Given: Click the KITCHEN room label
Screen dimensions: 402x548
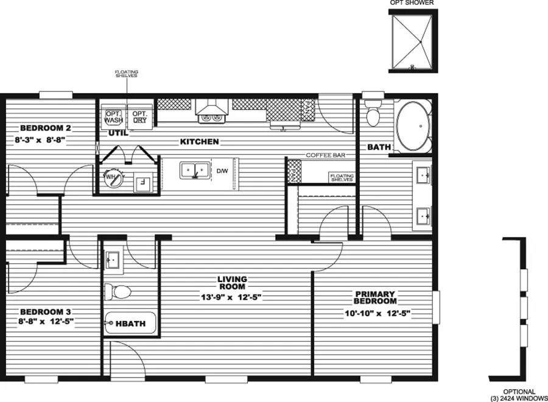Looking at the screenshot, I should click(x=199, y=142).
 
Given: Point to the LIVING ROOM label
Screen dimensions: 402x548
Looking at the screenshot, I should click(x=231, y=283).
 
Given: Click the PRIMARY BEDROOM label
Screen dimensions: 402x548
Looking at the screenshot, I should click(x=376, y=297).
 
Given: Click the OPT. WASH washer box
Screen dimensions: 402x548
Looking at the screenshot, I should click(x=114, y=117).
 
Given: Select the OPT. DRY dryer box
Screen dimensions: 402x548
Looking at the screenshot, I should click(x=141, y=117).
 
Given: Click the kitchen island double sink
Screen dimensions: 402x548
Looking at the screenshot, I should click(x=194, y=170).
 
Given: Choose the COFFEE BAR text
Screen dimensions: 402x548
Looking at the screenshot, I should click(x=326, y=155).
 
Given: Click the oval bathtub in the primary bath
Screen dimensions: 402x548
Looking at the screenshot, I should click(x=414, y=127).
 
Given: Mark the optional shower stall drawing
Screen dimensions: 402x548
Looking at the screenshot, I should click(x=412, y=41).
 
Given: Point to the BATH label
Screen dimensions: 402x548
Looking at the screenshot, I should click(x=379, y=147).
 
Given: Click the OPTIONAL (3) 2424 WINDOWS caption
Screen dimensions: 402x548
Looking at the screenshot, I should click(x=519, y=395).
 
